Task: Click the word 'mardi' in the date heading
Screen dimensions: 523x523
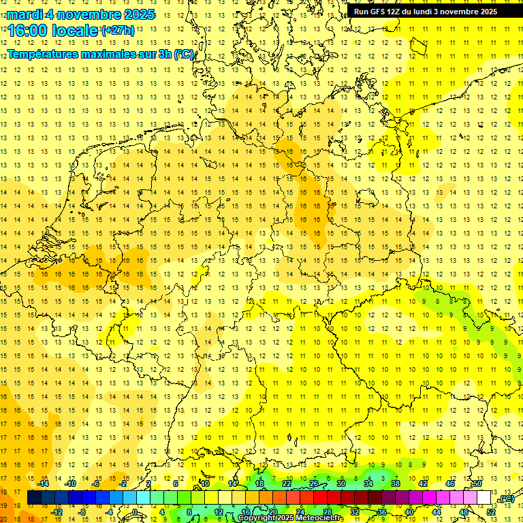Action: (x=23, y=14)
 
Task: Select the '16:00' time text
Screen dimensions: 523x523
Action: (x=27, y=31)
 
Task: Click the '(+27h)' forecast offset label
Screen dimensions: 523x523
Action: (x=118, y=31)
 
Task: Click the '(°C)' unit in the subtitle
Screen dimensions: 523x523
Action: (x=184, y=53)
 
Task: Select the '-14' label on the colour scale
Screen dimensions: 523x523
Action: (x=44, y=484)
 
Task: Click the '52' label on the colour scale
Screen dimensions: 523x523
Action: (x=491, y=512)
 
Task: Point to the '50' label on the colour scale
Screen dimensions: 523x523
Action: (x=477, y=484)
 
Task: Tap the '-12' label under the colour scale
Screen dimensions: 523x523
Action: (x=57, y=512)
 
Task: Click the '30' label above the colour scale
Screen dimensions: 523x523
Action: (x=341, y=484)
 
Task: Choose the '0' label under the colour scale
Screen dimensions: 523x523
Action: (x=135, y=512)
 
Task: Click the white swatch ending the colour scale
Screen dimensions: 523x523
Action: (x=484, y=498)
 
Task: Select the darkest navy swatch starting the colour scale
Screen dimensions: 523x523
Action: (x=34, y=498)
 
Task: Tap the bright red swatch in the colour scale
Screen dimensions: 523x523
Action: (x=321, y=498)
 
